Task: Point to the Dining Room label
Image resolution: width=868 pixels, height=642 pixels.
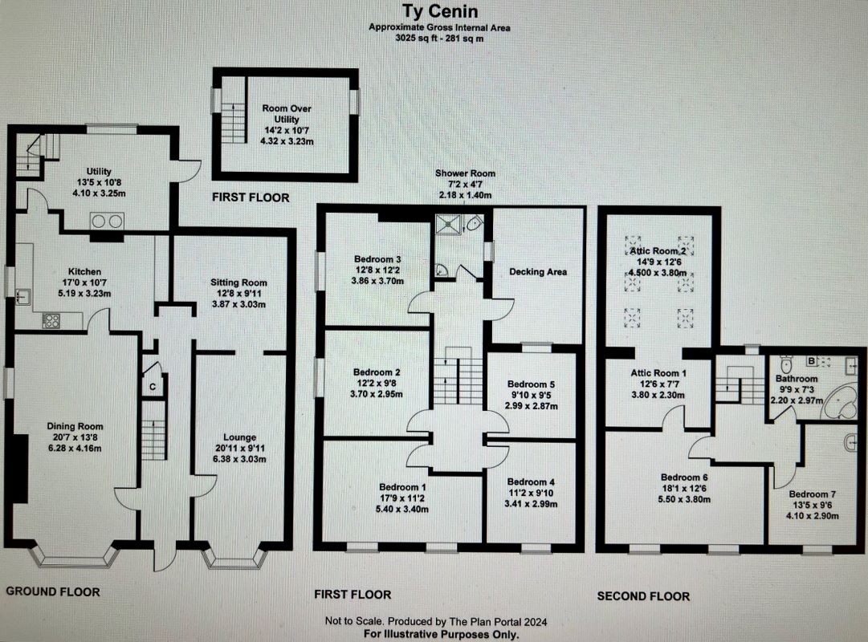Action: pos(74,426)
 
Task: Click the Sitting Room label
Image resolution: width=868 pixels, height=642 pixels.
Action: pos(238,282)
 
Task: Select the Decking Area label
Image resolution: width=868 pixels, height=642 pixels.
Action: pos(538,271)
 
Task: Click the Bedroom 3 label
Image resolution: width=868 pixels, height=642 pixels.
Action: pos(377,259)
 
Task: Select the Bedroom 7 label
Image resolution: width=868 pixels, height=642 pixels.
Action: pos(813,494)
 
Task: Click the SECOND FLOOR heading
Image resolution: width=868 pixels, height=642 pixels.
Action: pos(643,595)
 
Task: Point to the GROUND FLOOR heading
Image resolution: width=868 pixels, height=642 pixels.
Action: pos(53,591)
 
